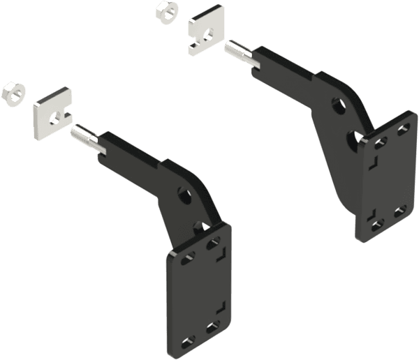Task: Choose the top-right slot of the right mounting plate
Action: (x=404, y=129)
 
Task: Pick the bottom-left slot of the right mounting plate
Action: (x=376, y=223)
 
